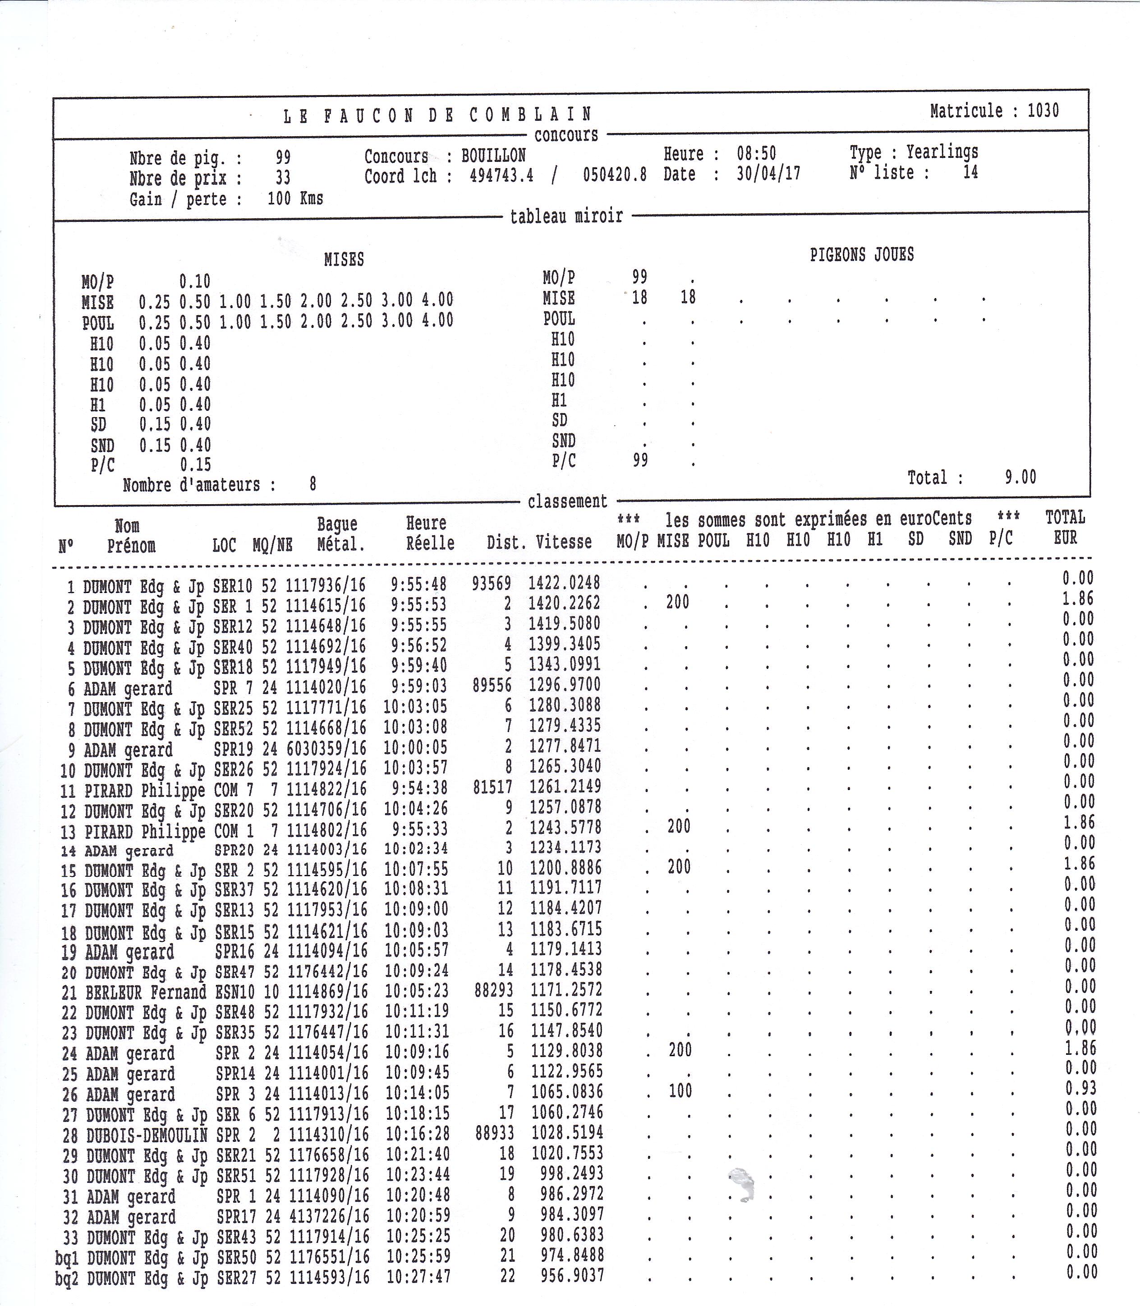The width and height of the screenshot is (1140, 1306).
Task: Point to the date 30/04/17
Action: coord(768,174)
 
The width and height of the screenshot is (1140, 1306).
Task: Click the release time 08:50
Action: coord(756,153)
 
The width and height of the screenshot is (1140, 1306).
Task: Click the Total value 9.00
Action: coord(1020,477)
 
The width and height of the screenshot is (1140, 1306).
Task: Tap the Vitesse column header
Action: coord(564,542)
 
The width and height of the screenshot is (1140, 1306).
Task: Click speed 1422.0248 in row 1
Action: coord(564,583)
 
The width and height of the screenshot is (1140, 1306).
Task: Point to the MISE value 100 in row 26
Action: coord(680,1091)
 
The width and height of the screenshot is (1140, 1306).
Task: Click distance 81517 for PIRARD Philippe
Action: coord(492,787)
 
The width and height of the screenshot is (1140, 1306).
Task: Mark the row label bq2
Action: coord(67,1278)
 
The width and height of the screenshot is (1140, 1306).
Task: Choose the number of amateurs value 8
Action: coord(313,485)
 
